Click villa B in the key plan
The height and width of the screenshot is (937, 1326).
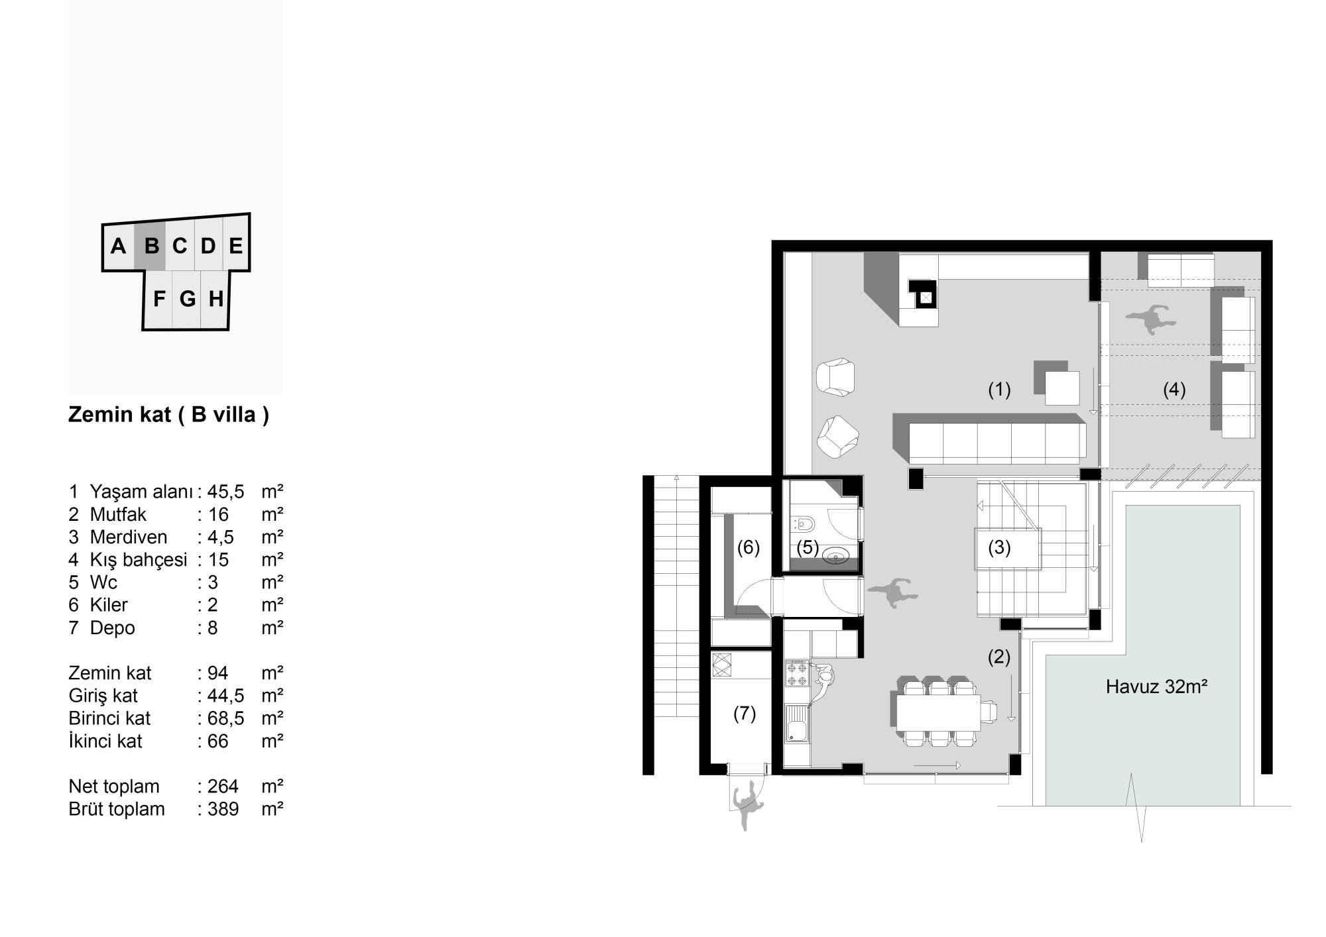click(x=151, y=246)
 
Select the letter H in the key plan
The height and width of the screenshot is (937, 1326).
click(x=215, y=300)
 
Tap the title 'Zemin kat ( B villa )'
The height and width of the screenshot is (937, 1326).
click(x=168, y=415)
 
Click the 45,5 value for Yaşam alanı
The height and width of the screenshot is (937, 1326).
click(x=225, y=492)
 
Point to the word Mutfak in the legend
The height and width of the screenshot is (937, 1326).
click(x=118, y=514)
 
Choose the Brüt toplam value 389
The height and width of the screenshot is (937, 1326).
click(x=223, y=809)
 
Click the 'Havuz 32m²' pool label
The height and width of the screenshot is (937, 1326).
click(x=1156, y=687)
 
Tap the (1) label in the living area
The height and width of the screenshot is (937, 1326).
click(x=999, y=390)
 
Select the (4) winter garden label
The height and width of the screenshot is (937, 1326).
click(x=1174, y=390)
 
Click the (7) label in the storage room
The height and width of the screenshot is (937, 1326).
click(x=745, y=714)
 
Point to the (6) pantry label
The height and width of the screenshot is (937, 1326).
click(x=749, y=548)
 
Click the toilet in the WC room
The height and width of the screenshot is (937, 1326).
click(x=804, y=524)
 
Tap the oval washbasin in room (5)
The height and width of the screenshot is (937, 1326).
click(x=835, y=557)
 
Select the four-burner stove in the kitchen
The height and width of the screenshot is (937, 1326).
click(x=796, y=675)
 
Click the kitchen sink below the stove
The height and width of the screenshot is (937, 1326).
click(x=796, y=724)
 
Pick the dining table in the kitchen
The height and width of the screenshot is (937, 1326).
click(x=938, y=712)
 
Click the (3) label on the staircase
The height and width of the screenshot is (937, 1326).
click(x=999, y=548)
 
